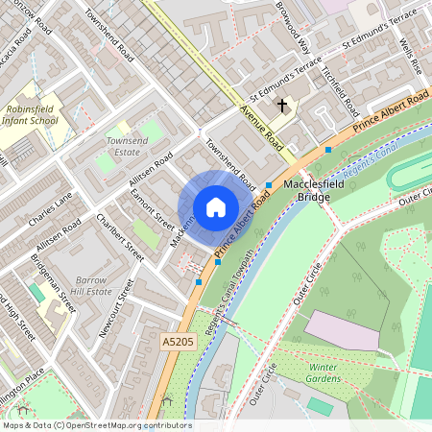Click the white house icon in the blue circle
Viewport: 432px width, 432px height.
pyautogui.click(x=216, y=207)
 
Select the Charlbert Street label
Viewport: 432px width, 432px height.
pyautogui.click(x=120, y=238)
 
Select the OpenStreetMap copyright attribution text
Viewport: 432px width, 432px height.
pyautogui.click(x=97, y=424)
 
